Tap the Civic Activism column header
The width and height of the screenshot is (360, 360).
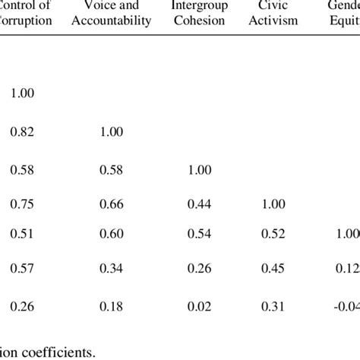click(x=276, y=14)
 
